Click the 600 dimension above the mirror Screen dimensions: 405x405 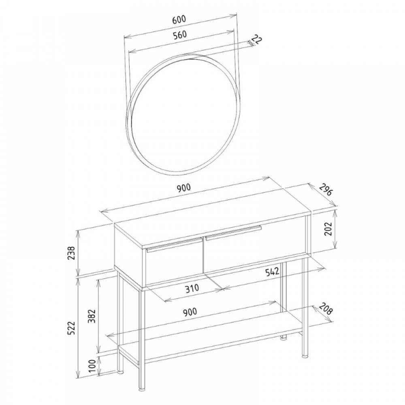179,20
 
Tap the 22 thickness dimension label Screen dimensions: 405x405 256,40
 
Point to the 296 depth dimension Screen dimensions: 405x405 326,190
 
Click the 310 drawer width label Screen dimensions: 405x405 192,288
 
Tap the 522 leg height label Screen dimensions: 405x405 71,328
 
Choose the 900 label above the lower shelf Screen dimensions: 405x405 190,312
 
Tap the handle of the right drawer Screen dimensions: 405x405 234,233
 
